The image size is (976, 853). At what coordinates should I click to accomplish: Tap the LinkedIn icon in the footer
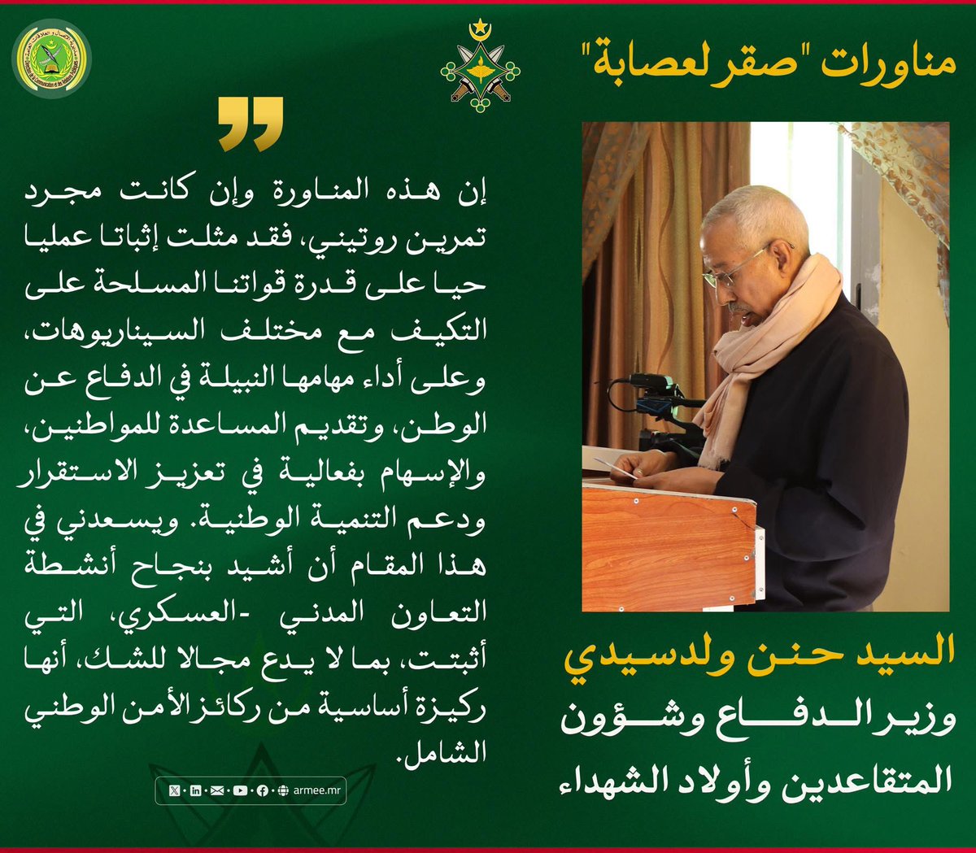195,790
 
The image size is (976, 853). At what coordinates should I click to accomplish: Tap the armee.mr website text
312,790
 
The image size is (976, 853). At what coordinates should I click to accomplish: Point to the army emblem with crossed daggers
478,72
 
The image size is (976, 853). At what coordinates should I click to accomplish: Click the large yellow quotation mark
251,124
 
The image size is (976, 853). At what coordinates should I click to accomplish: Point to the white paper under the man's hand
620,468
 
